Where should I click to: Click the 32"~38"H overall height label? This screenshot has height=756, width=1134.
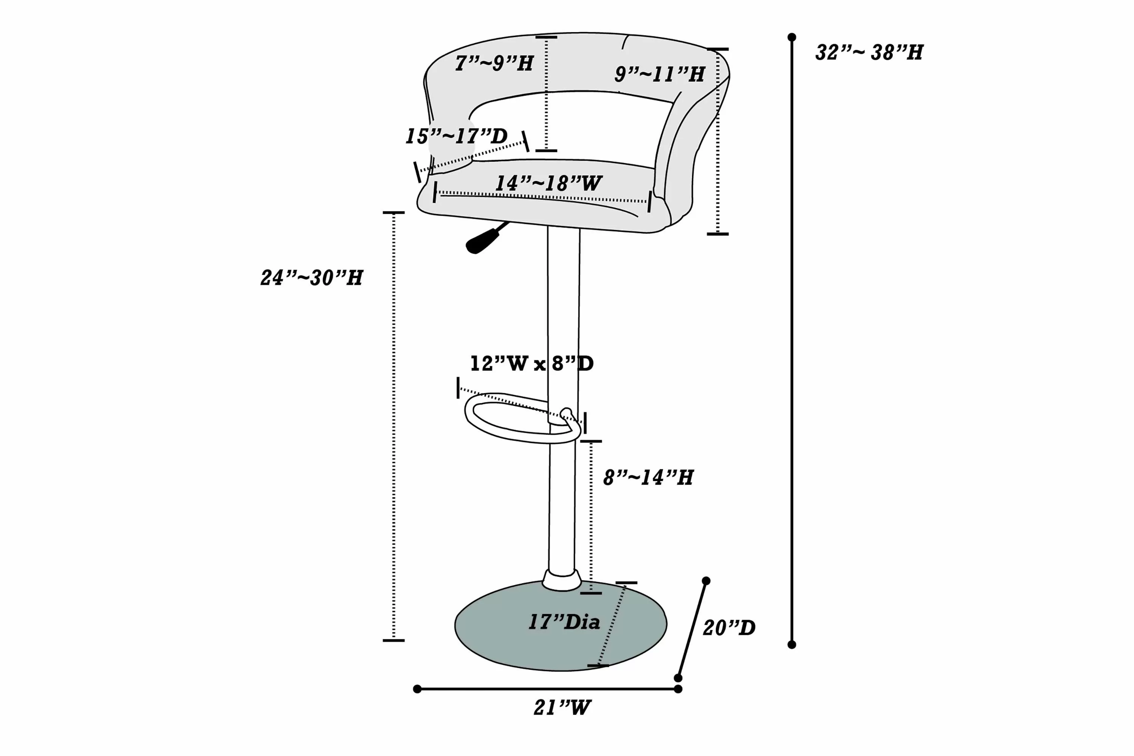869,52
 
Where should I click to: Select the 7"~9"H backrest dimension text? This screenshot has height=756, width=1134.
494,63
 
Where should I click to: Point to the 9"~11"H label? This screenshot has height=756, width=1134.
659,74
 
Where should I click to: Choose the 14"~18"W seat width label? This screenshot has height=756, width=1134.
548,183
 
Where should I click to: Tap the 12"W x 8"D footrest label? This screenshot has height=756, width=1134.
532,364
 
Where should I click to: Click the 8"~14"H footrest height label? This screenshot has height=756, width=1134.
648,477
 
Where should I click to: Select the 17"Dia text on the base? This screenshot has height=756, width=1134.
564,622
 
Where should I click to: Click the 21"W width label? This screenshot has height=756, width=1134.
562,708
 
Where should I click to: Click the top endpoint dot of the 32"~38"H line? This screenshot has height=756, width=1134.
792,37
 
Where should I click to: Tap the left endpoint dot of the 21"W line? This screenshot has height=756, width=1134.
417,689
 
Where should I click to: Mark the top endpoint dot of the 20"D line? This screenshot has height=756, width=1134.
706,581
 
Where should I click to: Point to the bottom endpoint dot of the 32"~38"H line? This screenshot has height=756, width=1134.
792,645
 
